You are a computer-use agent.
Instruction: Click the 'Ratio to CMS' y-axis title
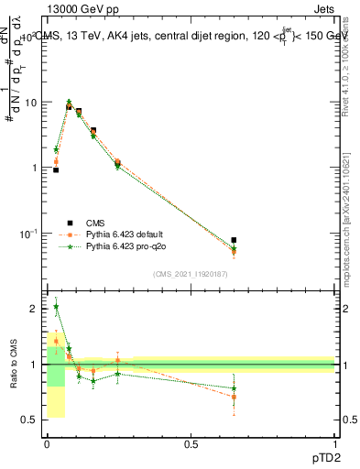(x=13, y=365)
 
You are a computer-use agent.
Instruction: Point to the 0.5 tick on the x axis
(x=191, y=443)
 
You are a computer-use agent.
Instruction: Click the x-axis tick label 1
(x=335, y=443)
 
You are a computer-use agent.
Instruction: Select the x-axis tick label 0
(x=47, y=443)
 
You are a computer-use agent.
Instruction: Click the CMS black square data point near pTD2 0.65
(x=234, y=240)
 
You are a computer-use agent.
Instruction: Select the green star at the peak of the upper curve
(x=69, y=102)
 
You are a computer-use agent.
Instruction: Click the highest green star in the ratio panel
(x=56, y=308)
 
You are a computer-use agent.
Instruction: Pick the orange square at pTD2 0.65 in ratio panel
(x=234, y=398)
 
